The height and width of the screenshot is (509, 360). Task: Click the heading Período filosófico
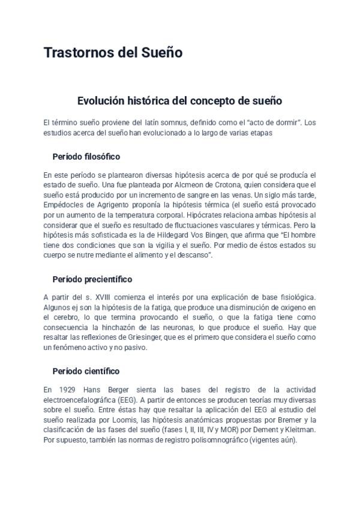[86, 157]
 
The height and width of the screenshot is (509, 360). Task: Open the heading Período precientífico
[92, 280]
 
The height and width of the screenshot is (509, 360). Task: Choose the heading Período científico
[86, 371]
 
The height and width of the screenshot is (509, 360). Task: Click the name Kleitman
[298, 430]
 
